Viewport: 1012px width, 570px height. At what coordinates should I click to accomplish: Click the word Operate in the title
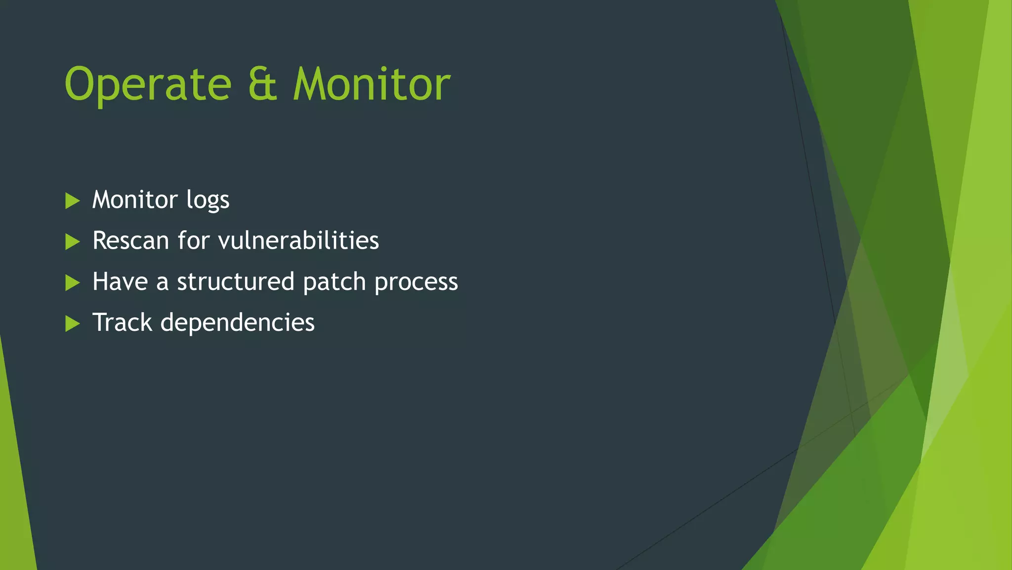pos(148,85)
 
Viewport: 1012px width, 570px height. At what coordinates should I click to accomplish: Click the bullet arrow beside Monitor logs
pos(72,201)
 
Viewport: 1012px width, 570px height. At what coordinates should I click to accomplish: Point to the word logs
pos(208,201)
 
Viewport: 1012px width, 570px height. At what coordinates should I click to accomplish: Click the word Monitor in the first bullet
pos(135,200)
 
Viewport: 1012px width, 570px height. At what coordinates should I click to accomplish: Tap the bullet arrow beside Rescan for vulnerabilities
pos(72,242)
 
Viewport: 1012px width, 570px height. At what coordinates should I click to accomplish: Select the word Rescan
pos(131,241)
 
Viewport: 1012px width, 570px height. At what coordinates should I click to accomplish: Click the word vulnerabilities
pos(298,241)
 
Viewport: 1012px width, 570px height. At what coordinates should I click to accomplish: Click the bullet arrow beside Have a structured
pos(72,283)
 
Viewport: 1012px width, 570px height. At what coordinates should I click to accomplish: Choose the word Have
pos(120,282)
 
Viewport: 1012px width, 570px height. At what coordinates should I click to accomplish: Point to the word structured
pos(236,282)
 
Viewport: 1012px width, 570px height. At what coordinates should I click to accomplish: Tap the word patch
pos(335,282)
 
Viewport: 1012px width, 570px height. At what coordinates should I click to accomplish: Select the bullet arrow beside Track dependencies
pos(72,324)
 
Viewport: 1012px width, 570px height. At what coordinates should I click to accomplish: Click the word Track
pos(122,322)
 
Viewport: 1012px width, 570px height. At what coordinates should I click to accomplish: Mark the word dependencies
pos(237,323)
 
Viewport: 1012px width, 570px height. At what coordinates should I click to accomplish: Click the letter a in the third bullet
pos(162,283)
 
